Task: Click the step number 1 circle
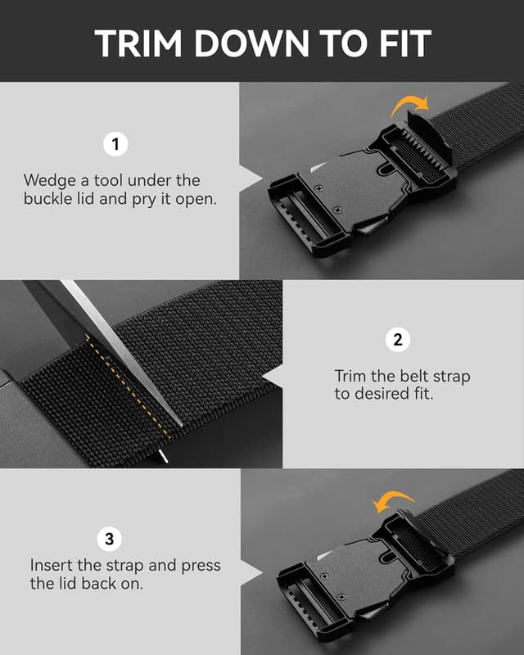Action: [x=115, y=145]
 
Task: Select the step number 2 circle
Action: [x=398, y=340]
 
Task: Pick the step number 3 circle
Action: [x=110, y=539]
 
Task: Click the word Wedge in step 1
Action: [x=48, y=179]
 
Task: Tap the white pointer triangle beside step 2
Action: [x=276, y=375]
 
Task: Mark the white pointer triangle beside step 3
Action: [x=247, y=570]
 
